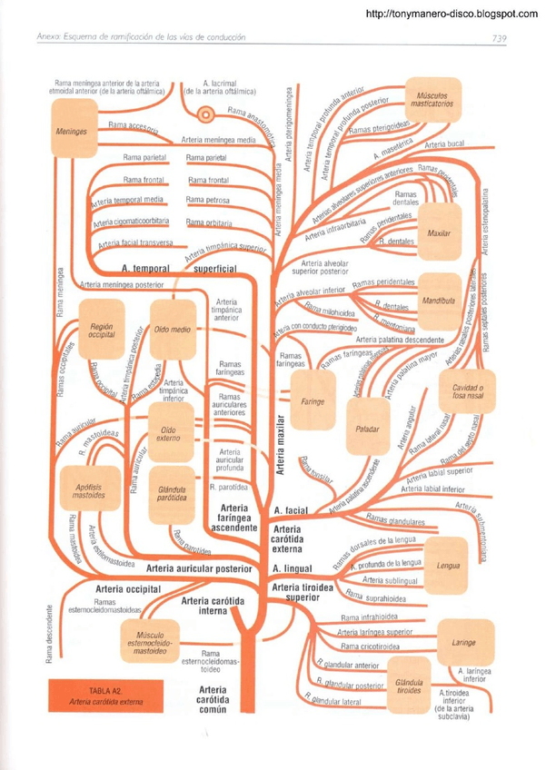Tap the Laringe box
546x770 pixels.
point(463,643)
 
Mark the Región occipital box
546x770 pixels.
point(101,329)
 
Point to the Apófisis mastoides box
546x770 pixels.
point(89,491)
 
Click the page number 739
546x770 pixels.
point(499,38)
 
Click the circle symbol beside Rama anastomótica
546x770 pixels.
point(207,115)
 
